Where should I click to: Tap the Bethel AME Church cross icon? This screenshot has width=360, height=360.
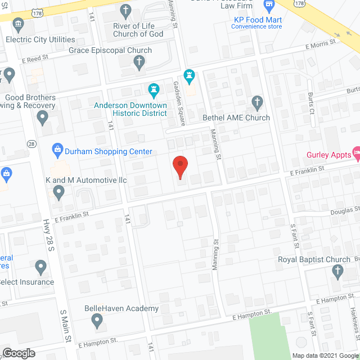(258, 103)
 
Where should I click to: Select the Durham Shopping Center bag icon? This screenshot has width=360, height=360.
(57, 149)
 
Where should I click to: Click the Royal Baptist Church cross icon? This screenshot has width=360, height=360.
(337, 273)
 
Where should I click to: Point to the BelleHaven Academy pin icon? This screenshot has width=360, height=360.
(97, 322)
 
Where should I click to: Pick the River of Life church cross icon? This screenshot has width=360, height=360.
(125, 10)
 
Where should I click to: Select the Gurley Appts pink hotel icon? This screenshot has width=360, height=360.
(355, 153)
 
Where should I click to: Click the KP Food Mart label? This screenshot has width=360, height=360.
(257, 20)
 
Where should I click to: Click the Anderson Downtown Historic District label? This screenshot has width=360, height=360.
(130, 109)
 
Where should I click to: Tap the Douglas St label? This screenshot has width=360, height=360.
(345, 210)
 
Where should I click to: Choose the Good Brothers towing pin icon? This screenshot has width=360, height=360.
(42, 118)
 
